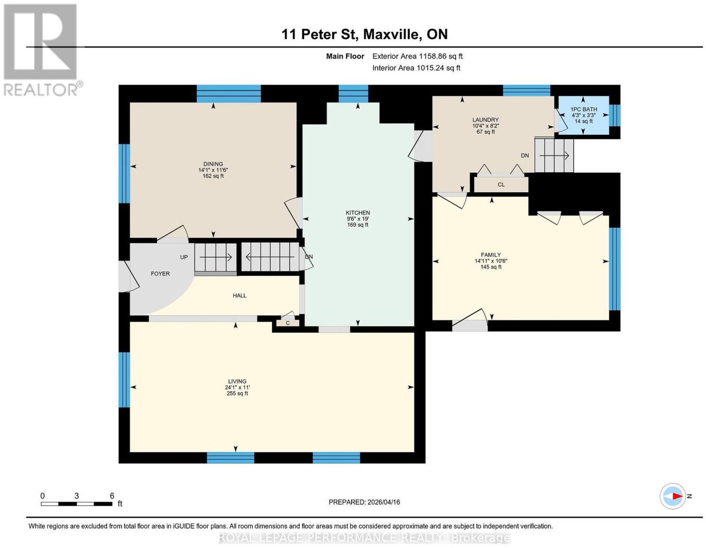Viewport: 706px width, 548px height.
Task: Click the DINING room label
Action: point(213,164)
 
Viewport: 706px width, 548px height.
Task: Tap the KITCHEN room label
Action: point(358,212)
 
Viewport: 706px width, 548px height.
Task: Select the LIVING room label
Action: point(237,381)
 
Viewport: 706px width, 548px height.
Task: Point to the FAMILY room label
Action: point(491,255)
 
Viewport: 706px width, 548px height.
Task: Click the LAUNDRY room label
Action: point(485,119)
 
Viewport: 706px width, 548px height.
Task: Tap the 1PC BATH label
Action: point(584,109)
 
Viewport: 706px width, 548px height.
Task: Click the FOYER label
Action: point(160,273)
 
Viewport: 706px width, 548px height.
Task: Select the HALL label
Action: point(240,295)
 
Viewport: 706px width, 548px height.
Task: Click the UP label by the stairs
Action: point(184,257)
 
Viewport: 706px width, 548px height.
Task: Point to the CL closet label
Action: point(501,184)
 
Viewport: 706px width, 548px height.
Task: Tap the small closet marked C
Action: point(288,323)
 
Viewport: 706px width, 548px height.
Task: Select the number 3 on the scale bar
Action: point(77,496)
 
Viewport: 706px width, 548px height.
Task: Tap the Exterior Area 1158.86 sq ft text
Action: point(417,56)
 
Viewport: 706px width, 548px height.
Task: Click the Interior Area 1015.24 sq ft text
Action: point(416,68)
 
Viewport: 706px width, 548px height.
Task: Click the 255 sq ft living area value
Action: point(237,393)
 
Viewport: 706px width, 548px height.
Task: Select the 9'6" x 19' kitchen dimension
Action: point(358,219)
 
